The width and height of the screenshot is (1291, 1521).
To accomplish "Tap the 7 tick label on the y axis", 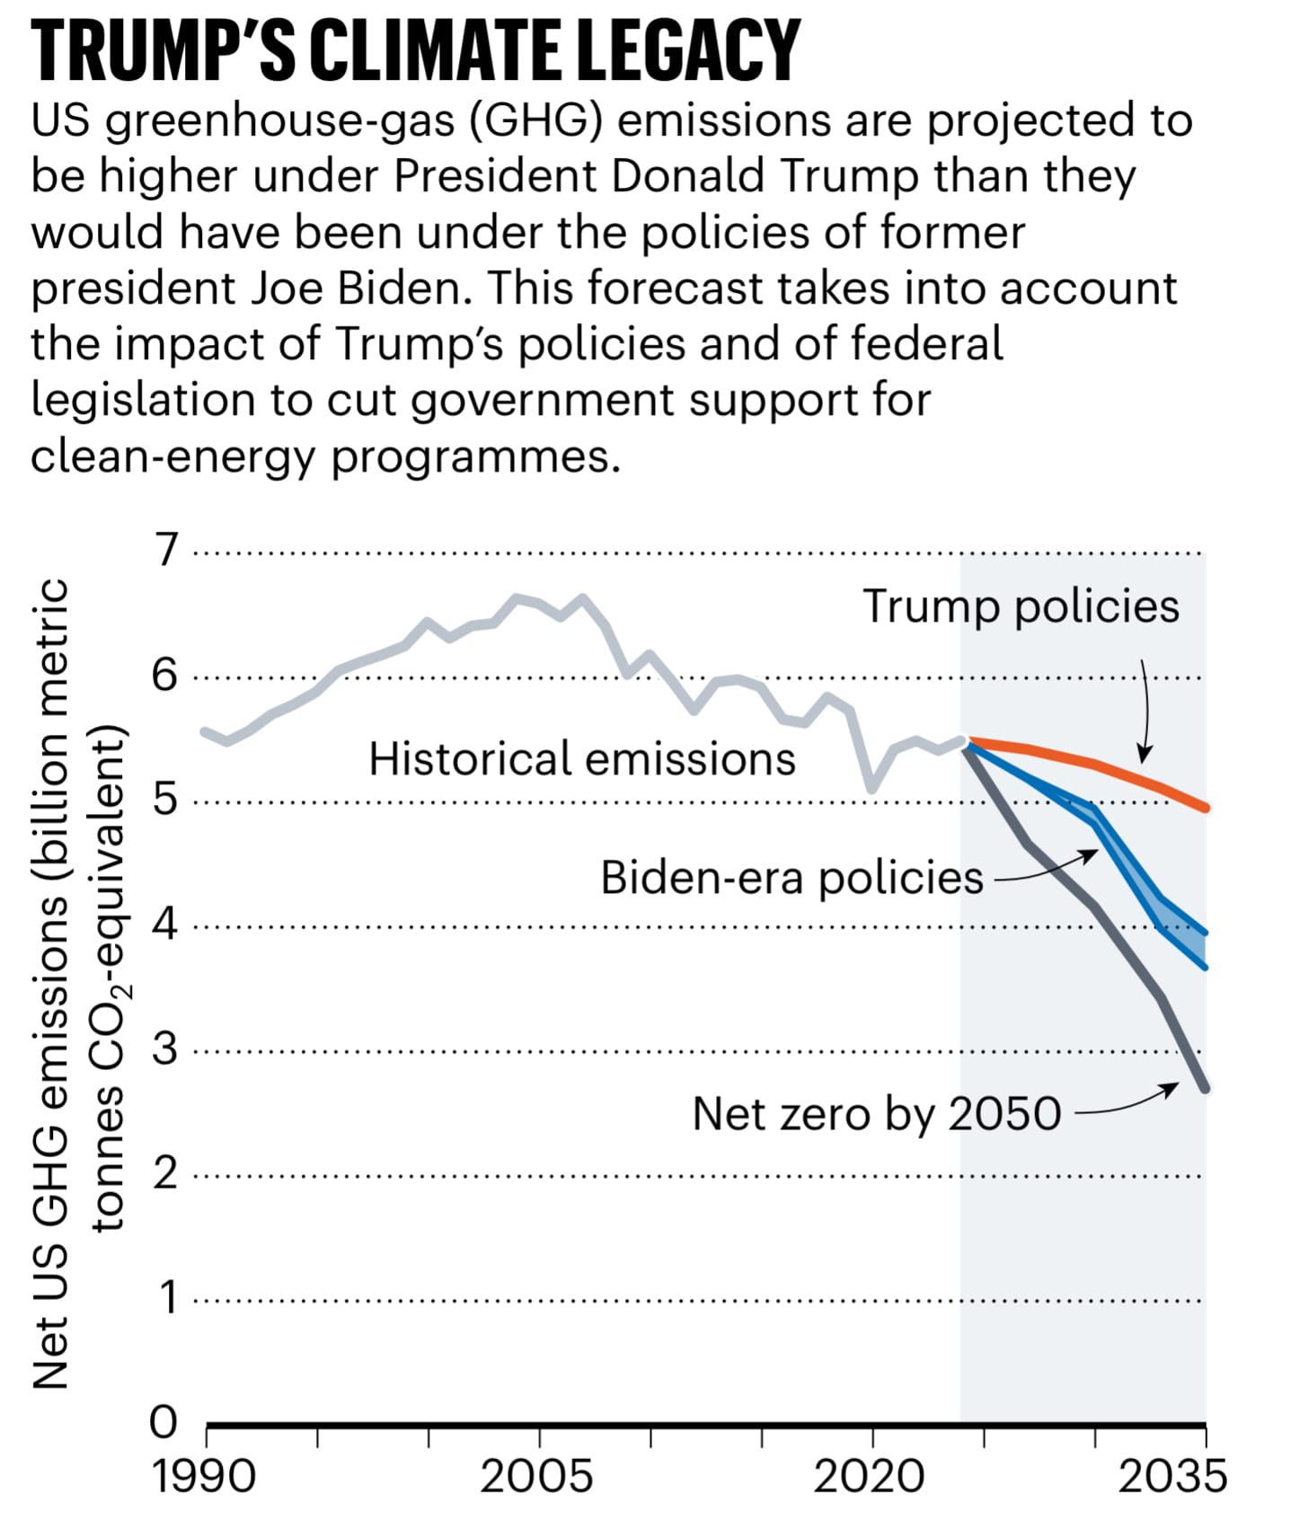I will click(x=167, y=550).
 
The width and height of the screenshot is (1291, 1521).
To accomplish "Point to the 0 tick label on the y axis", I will click(x=164, y=1422).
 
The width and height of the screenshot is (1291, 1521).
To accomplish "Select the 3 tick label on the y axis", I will click(x=165, y=1048).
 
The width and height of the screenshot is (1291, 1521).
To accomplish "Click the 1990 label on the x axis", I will click(x=205, y=1477).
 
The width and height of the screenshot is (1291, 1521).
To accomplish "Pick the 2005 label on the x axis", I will click(x=536, y=1477).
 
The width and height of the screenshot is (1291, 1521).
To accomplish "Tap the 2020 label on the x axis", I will click(x=869, y=1477).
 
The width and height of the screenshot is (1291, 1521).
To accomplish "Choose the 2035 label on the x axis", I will click(x=1172, y=1477).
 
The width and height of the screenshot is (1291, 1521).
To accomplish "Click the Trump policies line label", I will click(x=1021, y=606).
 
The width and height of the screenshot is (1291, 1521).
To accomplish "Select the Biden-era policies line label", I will click(x=791, y=878).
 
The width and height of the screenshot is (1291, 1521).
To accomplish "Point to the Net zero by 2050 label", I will click(x=877, y=1114).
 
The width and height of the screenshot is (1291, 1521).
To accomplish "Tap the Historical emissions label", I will click(x=582, y=759).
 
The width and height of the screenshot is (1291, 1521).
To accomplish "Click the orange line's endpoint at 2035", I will click(x=1205, y=808).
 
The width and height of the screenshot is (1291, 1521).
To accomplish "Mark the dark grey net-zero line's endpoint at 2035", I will click(x=1205, y=1089).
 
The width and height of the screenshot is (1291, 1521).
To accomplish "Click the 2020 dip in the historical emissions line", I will click(x=871, y=790).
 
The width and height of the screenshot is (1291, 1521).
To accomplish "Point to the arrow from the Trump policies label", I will click(x=1145, y=710).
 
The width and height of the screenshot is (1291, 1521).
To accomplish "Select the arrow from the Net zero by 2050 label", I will click(x=1127, y=1103).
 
